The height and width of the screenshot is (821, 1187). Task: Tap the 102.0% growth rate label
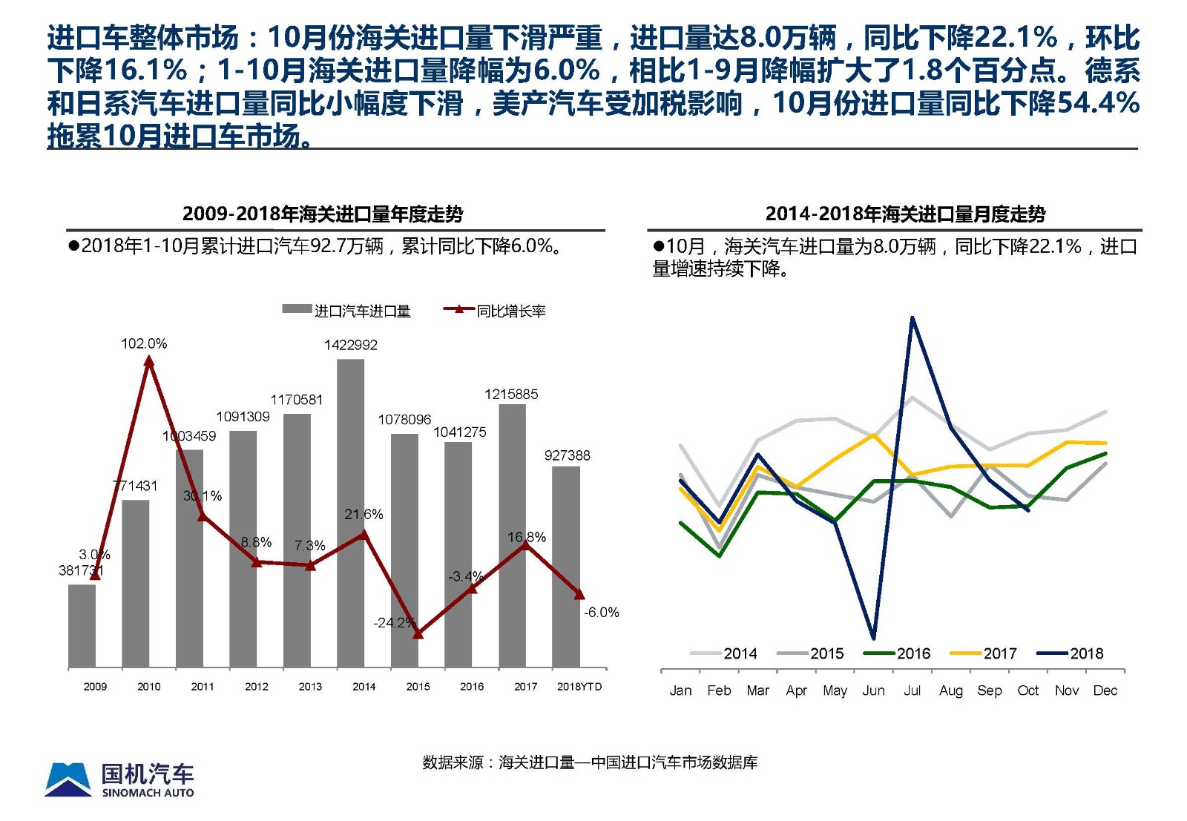(x=144, y=343)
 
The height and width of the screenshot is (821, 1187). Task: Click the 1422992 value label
(x=350, y=345)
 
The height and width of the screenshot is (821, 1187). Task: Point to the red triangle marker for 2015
(x=418, y=633)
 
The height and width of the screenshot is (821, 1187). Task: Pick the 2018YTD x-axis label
(x=579, y=687)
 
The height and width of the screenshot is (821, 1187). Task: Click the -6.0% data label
(x=601, y=613)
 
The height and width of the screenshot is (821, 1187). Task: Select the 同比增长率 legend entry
(x=495, y=311)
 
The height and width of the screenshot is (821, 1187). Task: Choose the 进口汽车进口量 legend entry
(x=346, y=311)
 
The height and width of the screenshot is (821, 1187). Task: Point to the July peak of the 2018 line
(x=912, y=319)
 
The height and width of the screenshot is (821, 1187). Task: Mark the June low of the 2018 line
(x=873, y=637)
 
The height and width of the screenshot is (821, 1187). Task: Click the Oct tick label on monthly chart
(x=1027, y=690)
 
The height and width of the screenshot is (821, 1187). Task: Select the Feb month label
(x=719, y=690)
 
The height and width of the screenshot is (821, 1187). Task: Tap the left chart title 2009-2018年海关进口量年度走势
(x=323, y=214)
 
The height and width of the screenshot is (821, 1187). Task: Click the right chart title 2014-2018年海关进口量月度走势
(x=905, y=214)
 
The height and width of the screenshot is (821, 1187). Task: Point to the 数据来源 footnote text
(x=590, y=762)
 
